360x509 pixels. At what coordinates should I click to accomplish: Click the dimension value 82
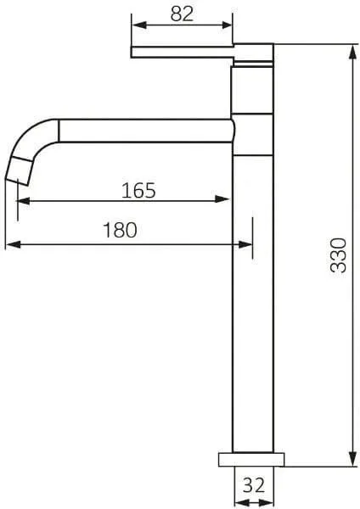pyautogui.click(x=182, y=14)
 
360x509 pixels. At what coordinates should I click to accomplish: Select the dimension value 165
pyautogui.click(x=138, y=191)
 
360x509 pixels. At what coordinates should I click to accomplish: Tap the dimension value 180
pyautogui.click(x=120, y=230)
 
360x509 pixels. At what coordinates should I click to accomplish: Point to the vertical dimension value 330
pyautogui.click(x=338, y=255)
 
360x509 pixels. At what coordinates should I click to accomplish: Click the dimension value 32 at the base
pyautogui.click(x=254, y=485)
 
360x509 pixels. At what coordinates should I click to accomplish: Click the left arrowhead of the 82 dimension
pyautogui.click(x=139, y=25)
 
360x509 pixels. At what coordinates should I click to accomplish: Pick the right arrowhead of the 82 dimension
pyautogui.click(x=227, y=25)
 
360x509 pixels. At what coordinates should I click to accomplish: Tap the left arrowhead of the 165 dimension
pyautogui.click(x=24, y=201)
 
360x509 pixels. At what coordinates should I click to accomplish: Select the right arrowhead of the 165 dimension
pyautogui.click(x=222, y=199)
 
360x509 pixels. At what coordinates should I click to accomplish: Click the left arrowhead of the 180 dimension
pyautogui.click(x=14, y=244)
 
